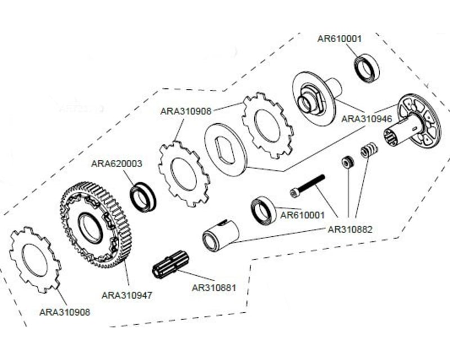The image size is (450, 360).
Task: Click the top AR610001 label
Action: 339,39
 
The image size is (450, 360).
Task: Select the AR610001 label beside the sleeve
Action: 302,215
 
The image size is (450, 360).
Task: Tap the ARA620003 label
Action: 116,164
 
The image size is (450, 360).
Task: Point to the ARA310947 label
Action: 127,295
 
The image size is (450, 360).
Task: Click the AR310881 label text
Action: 214,287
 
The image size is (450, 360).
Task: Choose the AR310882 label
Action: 350,229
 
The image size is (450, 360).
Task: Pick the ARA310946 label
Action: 367,119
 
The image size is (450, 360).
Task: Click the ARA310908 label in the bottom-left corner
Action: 65,312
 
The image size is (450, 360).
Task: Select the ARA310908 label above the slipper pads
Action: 186,111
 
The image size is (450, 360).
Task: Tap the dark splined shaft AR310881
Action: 170,264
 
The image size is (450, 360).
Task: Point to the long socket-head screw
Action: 307,186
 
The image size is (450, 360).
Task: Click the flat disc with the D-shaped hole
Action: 226,149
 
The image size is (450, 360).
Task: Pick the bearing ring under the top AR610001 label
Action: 367,69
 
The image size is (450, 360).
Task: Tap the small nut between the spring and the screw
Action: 348,162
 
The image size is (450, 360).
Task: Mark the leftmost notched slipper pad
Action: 35,259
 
